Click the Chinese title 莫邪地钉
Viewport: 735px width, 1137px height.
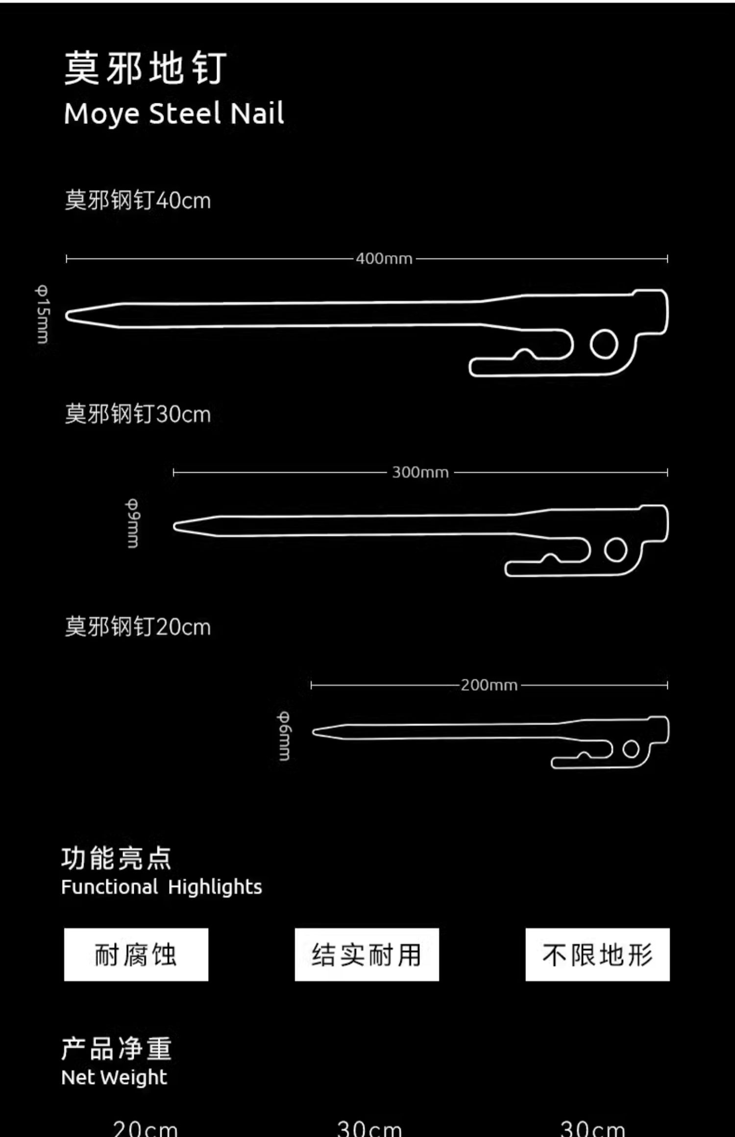click(x=145, y=68)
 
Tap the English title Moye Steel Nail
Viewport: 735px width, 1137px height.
click(x=173, y=114)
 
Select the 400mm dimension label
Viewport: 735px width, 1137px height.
click(x=384, y=259)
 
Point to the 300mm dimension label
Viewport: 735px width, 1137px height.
click(x=420, y=472)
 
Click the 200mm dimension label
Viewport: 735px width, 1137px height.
click(x=489, y=685)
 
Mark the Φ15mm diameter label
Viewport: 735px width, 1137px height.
click(x=43, y=314)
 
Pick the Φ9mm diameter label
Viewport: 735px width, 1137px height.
click(x=133, y=523)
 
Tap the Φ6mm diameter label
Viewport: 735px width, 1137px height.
click(x=284, y=736)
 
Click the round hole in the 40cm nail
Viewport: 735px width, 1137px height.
click(x=604, y=344)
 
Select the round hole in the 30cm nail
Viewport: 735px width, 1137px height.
click(x=615, y=550)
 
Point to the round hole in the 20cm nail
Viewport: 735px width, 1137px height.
click(x=631, y=749)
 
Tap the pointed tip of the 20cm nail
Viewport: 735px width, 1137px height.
click(x=316, y=732)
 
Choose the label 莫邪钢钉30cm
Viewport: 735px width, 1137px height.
click(x=138, y=414)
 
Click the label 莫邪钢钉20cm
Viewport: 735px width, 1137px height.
click(x=138, y=627)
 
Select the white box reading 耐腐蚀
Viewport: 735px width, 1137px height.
click(x=136, y=954)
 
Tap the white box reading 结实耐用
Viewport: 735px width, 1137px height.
click(x=367, y=954)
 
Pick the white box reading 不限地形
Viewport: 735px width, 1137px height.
click(x=597, y=954)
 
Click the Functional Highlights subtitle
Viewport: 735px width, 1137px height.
click(x=162, y=887)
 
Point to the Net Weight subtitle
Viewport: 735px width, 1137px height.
click(x=114, y=1077)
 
